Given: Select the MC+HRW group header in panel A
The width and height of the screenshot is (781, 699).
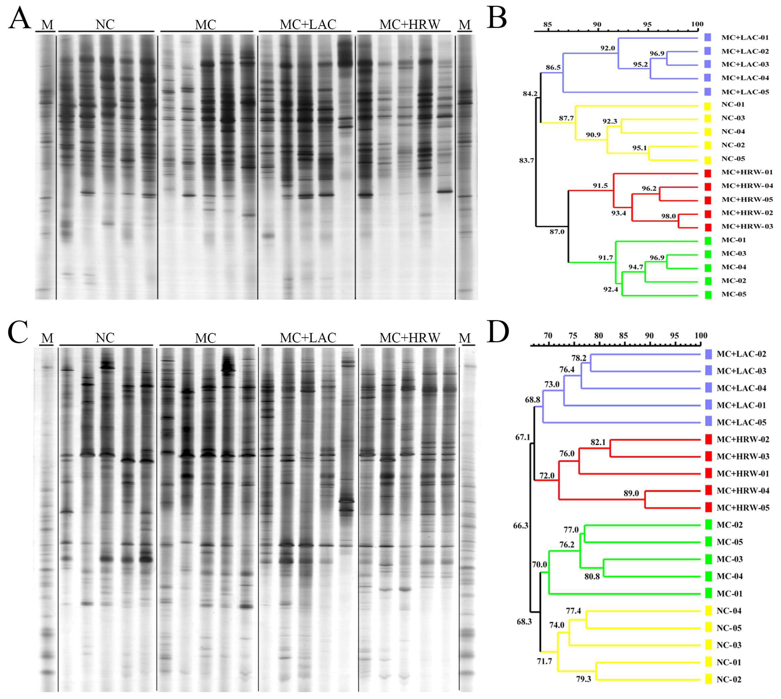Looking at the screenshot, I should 410,25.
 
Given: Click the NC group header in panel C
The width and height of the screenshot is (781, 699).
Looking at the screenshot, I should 105,338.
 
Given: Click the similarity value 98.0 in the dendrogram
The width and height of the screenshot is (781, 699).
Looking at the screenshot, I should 668,216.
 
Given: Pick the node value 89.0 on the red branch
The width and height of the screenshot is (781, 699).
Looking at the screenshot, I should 631,493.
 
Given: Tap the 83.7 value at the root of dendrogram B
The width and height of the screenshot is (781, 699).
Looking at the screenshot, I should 526,161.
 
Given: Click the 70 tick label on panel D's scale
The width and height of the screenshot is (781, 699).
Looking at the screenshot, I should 548,336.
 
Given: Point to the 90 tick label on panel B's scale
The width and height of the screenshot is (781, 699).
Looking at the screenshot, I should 597,24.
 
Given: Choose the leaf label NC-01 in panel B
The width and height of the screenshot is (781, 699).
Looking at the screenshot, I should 733,104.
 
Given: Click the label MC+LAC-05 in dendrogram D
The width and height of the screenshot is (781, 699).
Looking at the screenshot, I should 741,423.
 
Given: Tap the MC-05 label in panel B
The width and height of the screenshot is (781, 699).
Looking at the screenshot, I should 734,294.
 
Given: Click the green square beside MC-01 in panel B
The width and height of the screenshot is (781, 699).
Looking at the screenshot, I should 708,240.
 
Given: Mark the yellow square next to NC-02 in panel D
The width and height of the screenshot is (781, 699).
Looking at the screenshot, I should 709,679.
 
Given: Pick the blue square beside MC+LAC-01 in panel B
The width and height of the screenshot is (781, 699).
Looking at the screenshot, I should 708,38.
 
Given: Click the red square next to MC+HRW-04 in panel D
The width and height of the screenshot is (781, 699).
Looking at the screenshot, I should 709,490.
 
